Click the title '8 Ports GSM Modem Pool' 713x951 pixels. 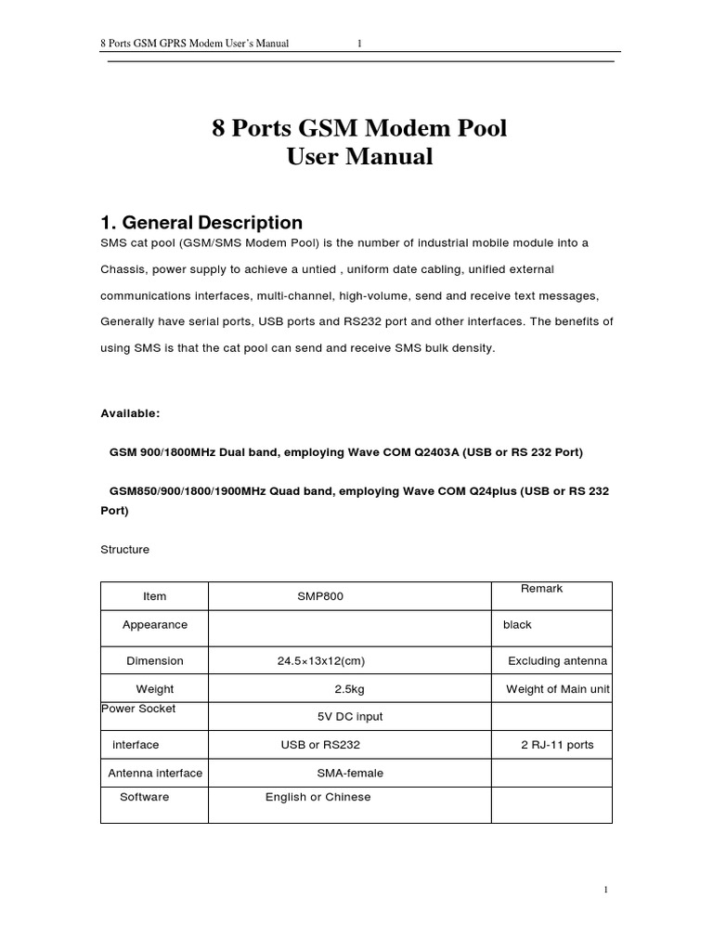(x=359, y=128)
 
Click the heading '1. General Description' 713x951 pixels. (x=201, y=223)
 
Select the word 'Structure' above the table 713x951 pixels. (x=124, y=550)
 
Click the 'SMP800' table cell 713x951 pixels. (x=319, y=596)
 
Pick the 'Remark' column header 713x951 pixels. (x=541, y=589)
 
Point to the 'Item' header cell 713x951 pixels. (x=155, y=596)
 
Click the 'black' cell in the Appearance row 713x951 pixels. (x=517, y=625)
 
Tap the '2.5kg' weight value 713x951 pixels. (x=351, y=690)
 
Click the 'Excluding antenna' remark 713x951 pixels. (x=557, y=661)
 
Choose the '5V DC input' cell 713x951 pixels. (x=350, y=717)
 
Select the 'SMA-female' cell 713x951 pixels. (x=350, y=773)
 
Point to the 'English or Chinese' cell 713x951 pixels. (x=318, y=797)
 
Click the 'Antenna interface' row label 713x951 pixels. (x=155, y=773)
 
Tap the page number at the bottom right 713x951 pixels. (x=605, y=890)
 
